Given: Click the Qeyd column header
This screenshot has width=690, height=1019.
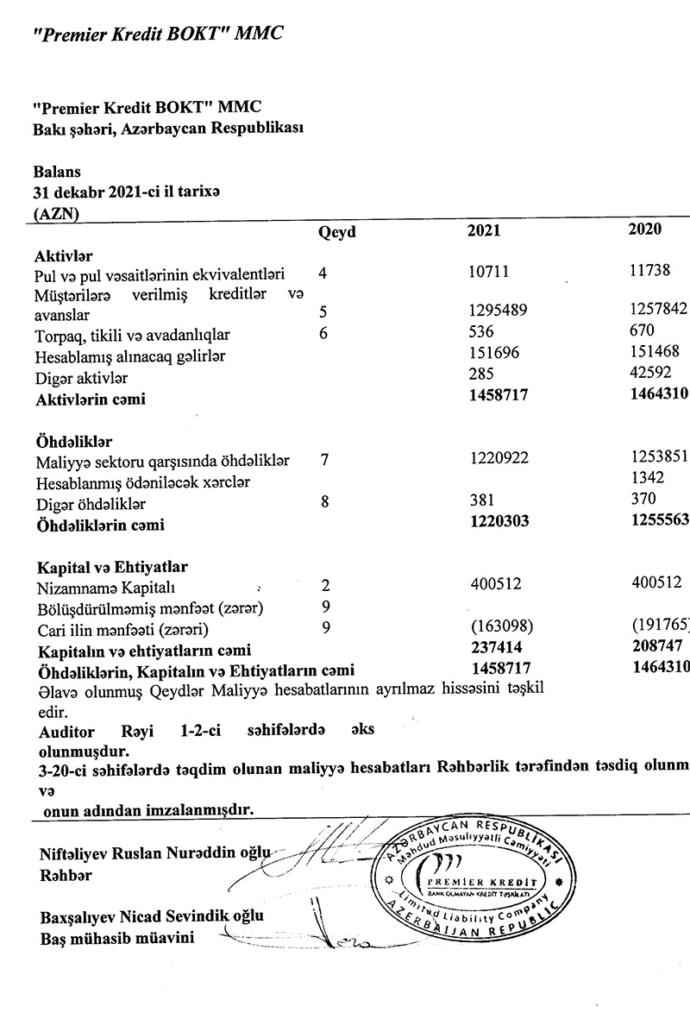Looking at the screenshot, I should pos(337,231).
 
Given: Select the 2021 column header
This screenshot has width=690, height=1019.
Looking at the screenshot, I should pos(483,230).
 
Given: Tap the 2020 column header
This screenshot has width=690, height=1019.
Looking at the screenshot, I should pos(646,229).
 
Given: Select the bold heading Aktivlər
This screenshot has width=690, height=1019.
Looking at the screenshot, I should pos(63,256).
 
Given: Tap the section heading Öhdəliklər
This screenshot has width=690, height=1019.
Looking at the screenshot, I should pos(74,442).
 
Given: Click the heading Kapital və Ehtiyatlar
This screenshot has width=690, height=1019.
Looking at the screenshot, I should pos(111,568).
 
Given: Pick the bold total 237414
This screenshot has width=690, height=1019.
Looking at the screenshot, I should pos(496,647).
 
